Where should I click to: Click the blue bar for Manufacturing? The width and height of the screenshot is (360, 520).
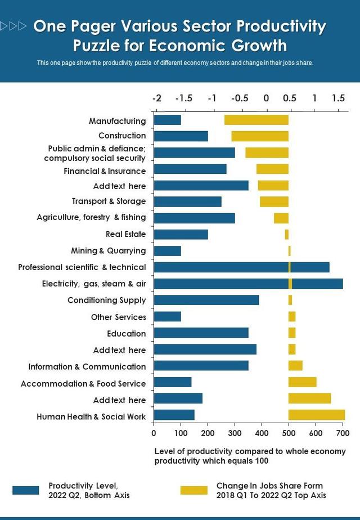click(167, 120)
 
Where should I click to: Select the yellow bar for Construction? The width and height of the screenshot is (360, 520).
click(260, 136)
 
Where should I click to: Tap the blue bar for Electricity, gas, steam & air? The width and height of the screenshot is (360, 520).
click(248, 284)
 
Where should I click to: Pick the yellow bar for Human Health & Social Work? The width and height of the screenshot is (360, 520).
click(316, 415)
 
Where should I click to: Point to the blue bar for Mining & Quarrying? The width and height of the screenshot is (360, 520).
click(167, 250)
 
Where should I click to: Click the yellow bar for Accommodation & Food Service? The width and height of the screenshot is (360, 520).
click(302, 383)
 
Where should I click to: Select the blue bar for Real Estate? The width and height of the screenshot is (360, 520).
click(181, 234)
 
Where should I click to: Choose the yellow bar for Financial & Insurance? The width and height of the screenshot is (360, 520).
click(272, 169)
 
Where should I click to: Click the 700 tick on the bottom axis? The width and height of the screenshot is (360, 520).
click(343, 433)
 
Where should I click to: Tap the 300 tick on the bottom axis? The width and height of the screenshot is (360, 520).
click(235, 433)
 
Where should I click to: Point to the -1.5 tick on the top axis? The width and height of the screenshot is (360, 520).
click(183, 98)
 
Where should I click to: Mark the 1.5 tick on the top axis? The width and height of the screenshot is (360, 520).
click(337, 98)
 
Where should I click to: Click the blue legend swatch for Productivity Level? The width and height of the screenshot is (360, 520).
click(26, 490)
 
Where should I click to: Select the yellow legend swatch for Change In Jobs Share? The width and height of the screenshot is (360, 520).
click(193, 490)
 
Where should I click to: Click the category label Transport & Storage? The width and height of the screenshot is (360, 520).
click(109, 201)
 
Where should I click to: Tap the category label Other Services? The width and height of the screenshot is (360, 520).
click(118, 317)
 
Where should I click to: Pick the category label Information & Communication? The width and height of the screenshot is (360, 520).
click(87, 366)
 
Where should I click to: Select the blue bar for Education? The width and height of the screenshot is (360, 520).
click(201, 333)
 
